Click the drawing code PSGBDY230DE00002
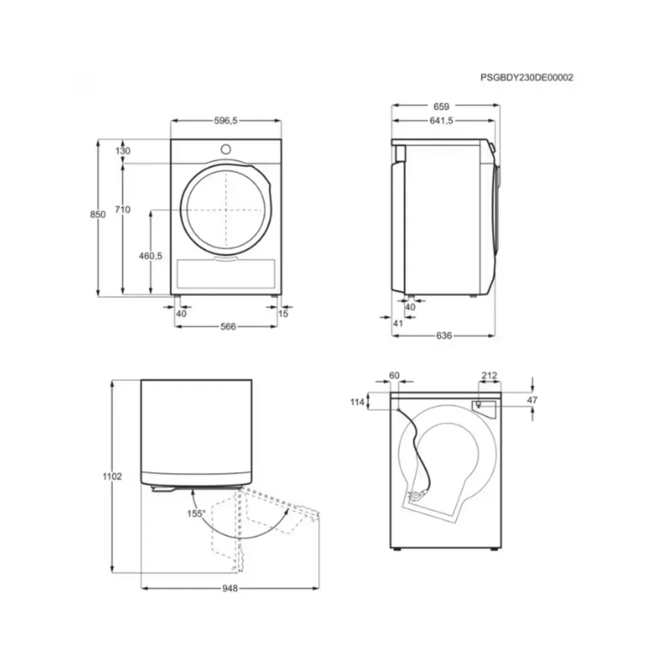coord(527,78)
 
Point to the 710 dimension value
coord(122,209)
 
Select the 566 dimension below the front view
coord(227,326)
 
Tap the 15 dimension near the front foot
coord(284,313)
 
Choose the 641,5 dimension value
coord(442,122)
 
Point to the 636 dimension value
coord(444,335)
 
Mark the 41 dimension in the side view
coord(398,323)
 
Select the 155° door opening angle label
coord(197,513)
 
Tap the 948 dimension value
coord(229,589)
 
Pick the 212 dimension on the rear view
coord(489,375)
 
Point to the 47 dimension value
coord(532,400)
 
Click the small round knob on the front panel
coord(226,149)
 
